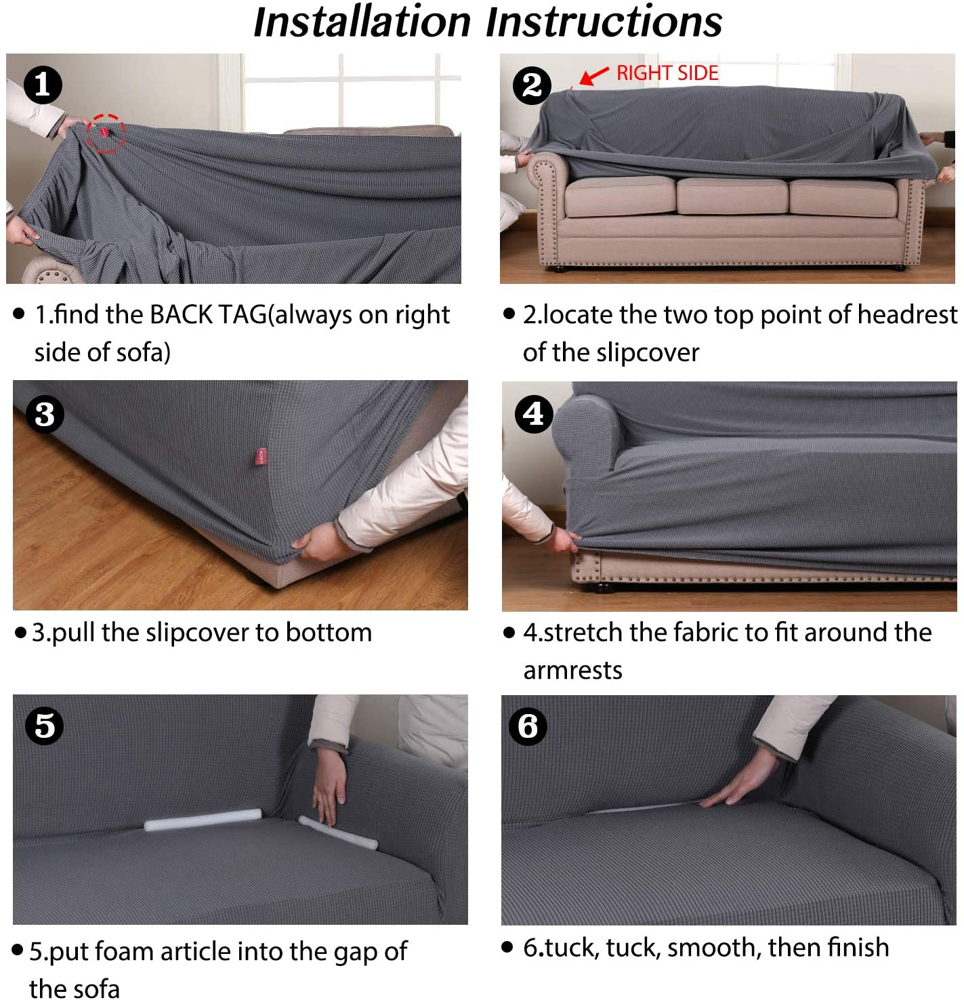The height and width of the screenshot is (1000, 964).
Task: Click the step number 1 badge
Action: point(43,85)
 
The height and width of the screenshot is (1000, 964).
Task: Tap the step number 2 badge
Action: point(532,85)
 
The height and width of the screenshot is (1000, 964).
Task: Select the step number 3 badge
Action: point(45,414)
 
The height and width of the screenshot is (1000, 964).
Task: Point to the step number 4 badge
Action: point(534,414)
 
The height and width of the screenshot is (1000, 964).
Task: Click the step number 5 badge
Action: point(45,726)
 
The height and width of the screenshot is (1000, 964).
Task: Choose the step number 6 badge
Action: point(528,726)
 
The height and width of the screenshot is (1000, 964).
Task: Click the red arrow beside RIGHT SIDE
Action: point(594,75)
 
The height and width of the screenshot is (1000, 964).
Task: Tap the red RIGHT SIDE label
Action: point(667,73)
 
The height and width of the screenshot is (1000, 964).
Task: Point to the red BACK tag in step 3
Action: point(261,456)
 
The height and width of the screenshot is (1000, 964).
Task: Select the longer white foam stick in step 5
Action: point(203,819)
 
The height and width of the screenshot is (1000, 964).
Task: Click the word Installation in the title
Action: point(362,22)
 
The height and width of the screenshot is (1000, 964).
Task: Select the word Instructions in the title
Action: point(604,22)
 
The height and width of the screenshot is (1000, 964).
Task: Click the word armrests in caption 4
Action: point(572,671)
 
